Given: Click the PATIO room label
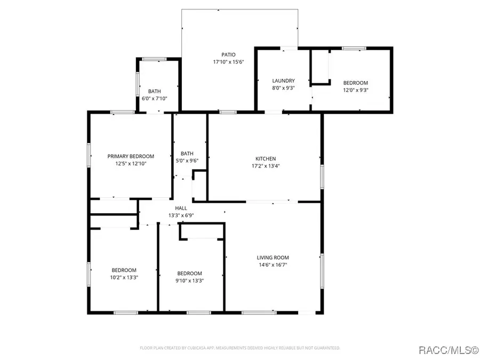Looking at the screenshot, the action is click(228, 55).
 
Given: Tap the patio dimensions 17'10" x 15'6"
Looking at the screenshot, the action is click(228, 62).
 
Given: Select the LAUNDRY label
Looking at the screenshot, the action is click(284, 81).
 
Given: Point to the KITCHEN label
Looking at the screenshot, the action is click(266, 158).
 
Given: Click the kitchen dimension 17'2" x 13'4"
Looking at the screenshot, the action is click(266, 166).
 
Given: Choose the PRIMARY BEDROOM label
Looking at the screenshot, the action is click(131, 156).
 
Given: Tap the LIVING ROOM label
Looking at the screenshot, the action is click(273, 258).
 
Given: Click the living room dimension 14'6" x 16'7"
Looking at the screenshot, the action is click(273, 265).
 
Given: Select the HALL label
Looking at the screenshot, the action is click(181, 208).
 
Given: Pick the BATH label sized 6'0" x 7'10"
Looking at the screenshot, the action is click(155, 91).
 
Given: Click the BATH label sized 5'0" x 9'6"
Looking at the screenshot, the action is click(187, 154).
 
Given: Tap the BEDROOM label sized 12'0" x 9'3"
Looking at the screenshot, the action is click(355, 83).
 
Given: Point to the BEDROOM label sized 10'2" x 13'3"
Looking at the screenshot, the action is click(124, 270).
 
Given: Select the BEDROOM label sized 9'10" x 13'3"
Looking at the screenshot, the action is click(189, 274).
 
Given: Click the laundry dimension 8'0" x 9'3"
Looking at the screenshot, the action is click(284, 88).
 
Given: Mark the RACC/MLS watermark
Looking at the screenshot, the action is click(448, 350).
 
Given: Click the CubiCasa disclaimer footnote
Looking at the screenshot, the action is click(240, 348).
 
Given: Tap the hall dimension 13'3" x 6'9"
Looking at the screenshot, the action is click(181, 215).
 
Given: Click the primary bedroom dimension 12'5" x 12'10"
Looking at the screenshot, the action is click(131, 164).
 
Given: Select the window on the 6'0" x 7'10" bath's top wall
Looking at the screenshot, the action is click(155, 59).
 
